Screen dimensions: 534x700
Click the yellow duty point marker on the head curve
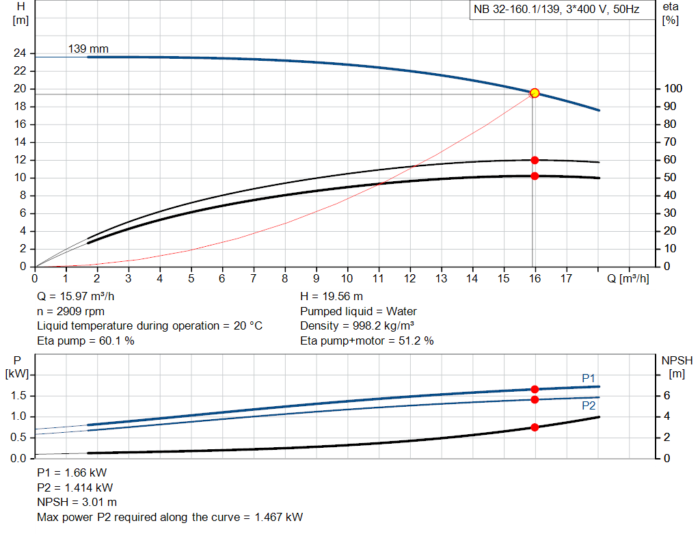(535, 93)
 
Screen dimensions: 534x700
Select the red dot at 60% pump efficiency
(535, 160)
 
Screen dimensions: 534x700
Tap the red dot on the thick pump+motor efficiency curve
(535, 176)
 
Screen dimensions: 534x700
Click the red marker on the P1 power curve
(535, 389)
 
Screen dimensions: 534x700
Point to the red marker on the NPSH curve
(535, 427)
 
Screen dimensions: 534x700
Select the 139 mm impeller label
(88, 49)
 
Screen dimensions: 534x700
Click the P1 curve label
(589, 378)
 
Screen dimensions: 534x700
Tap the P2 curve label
(589, 405)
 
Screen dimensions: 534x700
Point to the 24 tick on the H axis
(20, 53)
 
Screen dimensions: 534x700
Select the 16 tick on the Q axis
(535, 278)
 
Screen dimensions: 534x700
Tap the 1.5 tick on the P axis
(18, 396)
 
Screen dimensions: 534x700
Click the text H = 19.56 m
(332, 297)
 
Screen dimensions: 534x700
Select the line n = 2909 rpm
(70, 311)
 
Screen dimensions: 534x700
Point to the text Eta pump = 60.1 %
(85, 341)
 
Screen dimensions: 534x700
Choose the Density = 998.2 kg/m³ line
(358, 326)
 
